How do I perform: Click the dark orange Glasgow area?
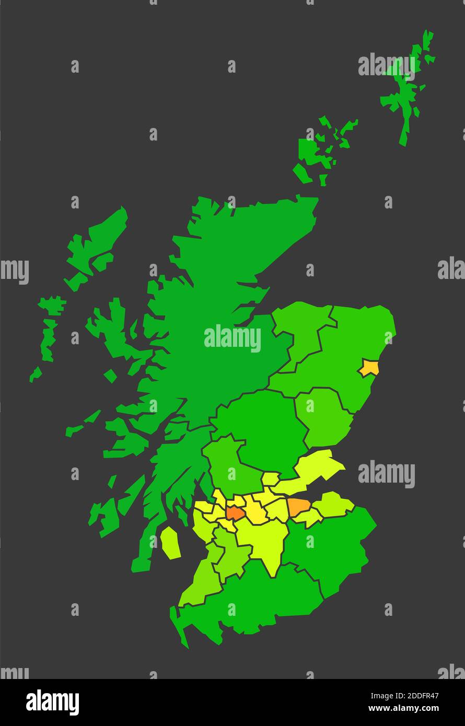coord(235,513)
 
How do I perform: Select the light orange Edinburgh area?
coord(298,506)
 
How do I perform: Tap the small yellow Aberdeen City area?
coord(369,368)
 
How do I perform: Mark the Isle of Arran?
coord(170,543)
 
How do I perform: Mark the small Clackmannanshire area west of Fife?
coord(270,478)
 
